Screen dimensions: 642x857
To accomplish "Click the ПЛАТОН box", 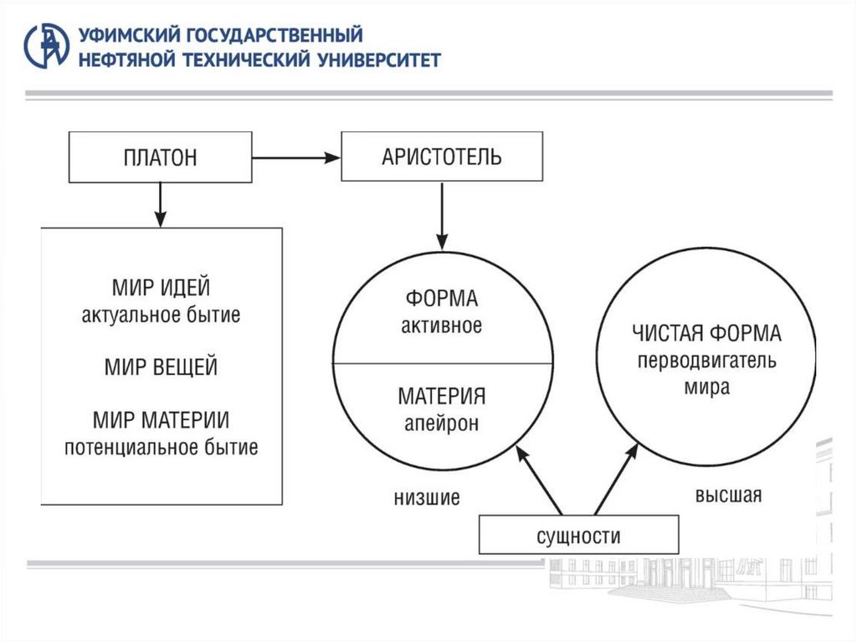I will (x=160, y=157).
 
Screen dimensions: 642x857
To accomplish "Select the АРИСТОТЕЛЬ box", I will (x=441, y=157).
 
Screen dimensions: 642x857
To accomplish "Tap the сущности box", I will (x=578, y=536).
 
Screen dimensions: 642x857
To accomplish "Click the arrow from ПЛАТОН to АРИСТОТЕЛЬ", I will (x=296, y=157).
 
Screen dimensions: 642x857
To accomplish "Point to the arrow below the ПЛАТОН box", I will (x=159, y=204).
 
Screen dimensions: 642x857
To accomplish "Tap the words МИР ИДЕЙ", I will (x=161, y=289).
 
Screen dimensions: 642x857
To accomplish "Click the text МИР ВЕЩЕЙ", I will (x=161, y=367).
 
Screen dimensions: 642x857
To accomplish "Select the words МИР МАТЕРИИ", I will (x=161, y=419).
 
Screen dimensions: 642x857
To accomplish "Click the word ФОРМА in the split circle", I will (x=441, y=299).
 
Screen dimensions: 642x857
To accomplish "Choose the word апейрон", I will (x=441, y=424).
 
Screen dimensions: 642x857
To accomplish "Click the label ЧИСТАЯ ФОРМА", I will (x=706, y=334).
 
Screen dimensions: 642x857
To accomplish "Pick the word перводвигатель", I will (x=706, y=362).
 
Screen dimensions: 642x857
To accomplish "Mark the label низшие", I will (x=427, y=498).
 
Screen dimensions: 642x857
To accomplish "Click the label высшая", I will (x=728, y=495).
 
